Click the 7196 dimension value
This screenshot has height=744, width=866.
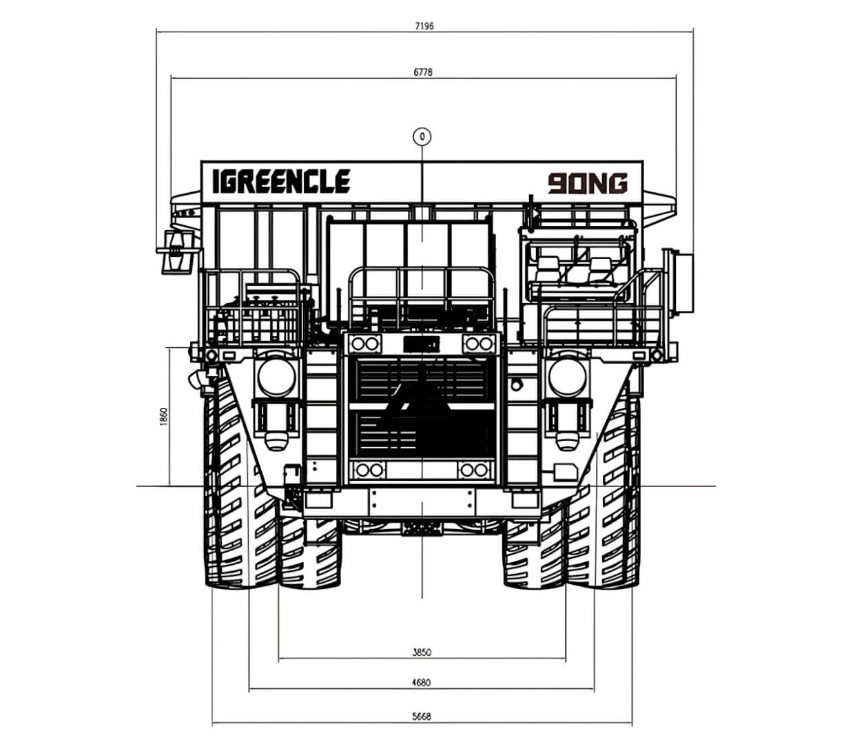tap(424, 26)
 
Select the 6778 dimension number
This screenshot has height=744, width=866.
tap(423, 72)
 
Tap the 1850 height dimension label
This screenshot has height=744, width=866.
tap(164, 417)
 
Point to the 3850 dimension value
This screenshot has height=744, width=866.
tap(422, 652)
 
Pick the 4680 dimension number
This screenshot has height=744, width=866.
tap(421, 683)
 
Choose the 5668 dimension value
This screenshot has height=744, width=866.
tap(422, 716)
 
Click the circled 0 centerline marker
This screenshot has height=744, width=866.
tap(422, 136)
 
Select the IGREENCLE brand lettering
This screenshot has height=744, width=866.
tap(281, 181)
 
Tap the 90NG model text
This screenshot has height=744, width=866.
tap(588, 183)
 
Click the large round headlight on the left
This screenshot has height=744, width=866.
tap(276, 377)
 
